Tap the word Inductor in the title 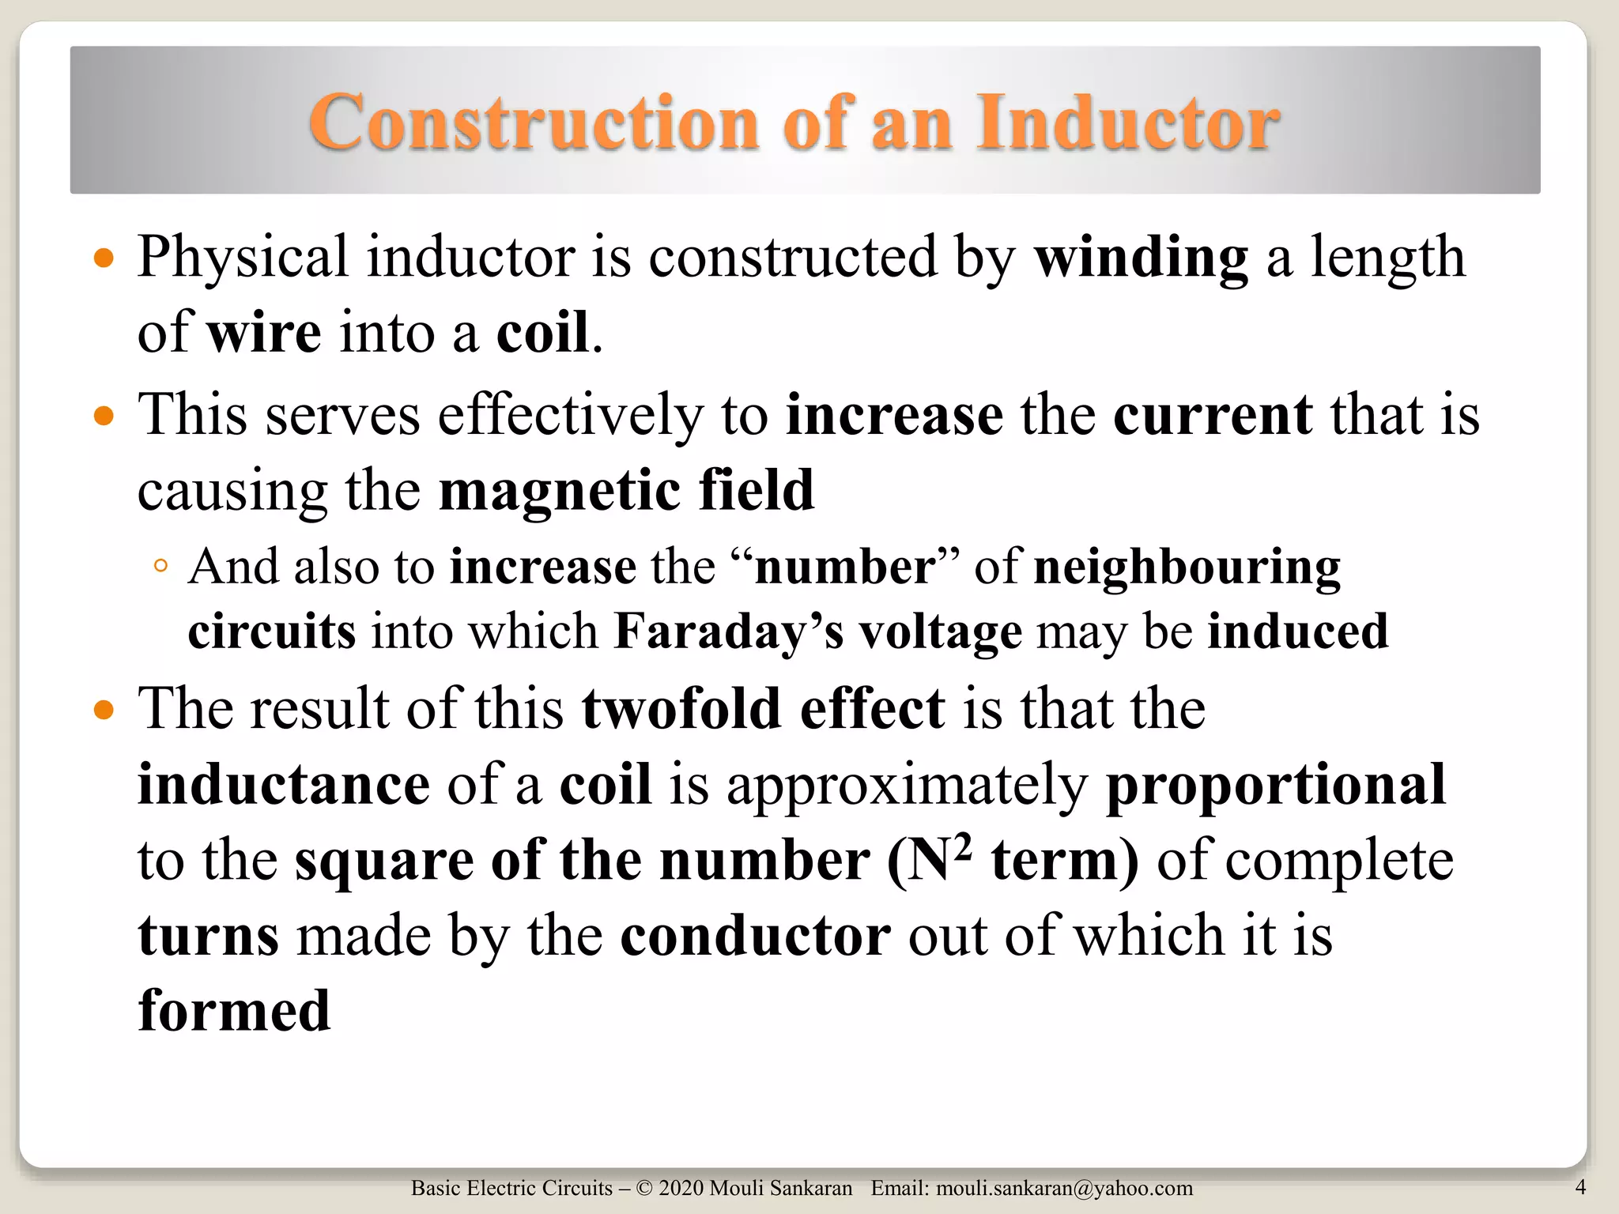pos(1128,123)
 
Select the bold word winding pos(1142,258)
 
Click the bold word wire pos(264,333)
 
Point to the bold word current pos(1213,415)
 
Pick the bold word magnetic pos(559,490)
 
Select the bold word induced pos(1297,632)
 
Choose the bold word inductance pos(284,785)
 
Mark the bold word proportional pos(1276,785)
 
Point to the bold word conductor pos(756,937)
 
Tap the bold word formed pos(234,1012)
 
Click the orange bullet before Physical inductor pos(104,258)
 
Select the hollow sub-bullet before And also pos(160,566)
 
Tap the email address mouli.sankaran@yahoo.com pos(1064,1189)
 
